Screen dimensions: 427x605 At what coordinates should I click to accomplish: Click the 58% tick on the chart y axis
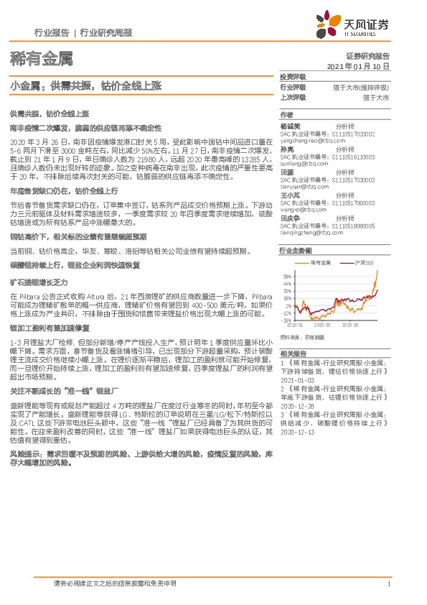[x=286, y=275]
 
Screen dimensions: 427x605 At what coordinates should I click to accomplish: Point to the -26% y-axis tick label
[x=286, y=320]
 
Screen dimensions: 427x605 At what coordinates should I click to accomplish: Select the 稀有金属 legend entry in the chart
[x=320, y=264]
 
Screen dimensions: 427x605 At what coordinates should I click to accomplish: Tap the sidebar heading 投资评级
[x=292, y=76]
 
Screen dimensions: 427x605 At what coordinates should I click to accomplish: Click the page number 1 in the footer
[x=388, y=584]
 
